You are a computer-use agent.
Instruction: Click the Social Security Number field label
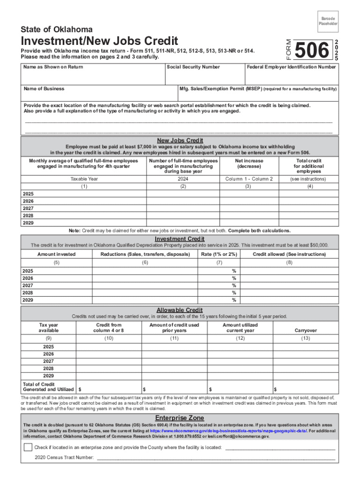193,67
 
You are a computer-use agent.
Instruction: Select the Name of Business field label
44,88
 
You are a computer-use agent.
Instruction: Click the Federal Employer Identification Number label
291,67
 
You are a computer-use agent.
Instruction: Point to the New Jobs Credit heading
180,140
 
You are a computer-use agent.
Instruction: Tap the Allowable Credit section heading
180,310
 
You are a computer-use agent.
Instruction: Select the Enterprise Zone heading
180,418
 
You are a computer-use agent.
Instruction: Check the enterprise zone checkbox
28,447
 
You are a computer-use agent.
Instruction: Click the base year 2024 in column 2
183,179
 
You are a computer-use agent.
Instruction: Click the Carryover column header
305,330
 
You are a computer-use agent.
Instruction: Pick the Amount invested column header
56,254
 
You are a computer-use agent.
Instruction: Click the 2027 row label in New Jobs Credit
28,208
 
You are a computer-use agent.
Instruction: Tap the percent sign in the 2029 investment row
234,300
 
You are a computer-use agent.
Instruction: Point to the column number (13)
305,338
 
